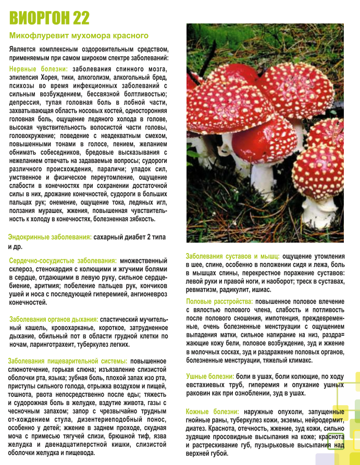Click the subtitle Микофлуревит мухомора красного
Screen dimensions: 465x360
point(79,36)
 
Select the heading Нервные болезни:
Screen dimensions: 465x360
point(39,69)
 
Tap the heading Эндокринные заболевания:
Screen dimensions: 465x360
point(50,237)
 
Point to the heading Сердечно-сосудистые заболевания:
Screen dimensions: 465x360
point(63,260)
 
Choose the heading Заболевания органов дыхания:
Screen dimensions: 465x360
point(54,319)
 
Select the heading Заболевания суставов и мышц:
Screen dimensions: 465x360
point(232,256)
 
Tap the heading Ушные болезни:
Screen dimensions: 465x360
point(210,376)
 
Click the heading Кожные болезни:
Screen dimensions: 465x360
point(210,412)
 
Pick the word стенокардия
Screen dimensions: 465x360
point(54,269)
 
